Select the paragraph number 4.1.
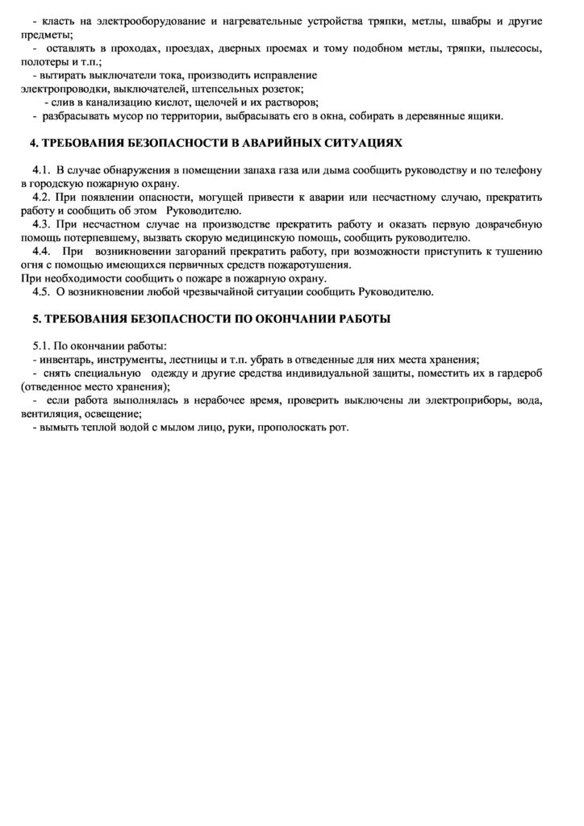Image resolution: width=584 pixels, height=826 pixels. (x=41, y=170)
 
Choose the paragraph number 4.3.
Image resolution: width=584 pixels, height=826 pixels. (x=41, y=224)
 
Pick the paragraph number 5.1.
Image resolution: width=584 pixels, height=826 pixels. (x=41, y=346)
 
